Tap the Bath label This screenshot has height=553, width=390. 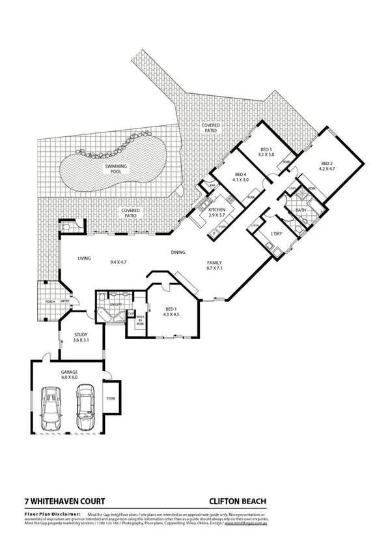tap(301, 210)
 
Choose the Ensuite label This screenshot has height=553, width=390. tap(116, 304)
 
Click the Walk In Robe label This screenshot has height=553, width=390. tap(140, 319)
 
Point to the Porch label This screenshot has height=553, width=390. tap(49, 301)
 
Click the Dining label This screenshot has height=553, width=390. tap(178, 252)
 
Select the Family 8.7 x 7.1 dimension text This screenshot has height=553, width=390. tap(214, 267)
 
